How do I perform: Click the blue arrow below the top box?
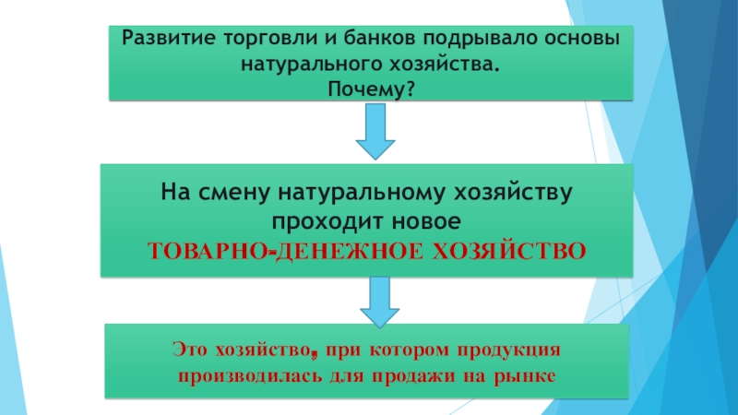(x=375, y=131)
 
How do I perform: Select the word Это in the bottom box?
(x=190, y=351)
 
